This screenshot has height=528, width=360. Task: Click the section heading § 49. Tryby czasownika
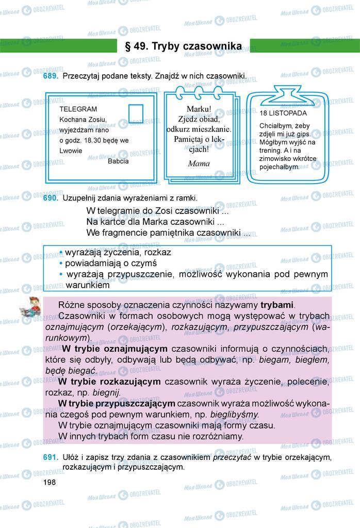pyautogui.click(x=183, y=46)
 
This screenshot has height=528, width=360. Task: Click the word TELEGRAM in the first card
pyautogui.click(x=78, y=109)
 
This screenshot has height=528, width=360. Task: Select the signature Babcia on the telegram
pyautogui.click(x=118, y=161)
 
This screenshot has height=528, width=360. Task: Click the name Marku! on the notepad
pyautogui.click(x=199, y=109)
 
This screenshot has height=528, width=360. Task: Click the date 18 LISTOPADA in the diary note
pyautogui.click(x=283, y=112)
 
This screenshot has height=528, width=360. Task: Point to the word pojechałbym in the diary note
pyautogui.click(x=279, y=167)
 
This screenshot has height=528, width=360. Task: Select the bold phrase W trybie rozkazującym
pyautogui.click(x=109, y=382)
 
